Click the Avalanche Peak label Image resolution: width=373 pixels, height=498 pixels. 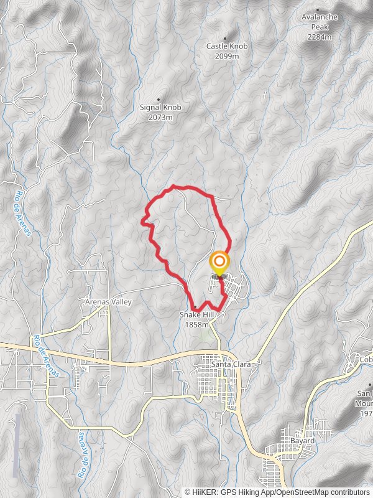320,17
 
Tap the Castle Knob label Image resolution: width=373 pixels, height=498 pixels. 223,46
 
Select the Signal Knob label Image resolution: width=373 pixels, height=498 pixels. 160,108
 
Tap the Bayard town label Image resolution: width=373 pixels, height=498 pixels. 302,441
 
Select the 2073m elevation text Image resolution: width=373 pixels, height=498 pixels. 160,117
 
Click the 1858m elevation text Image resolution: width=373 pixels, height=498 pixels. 196,325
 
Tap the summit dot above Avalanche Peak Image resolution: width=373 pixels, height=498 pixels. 318,10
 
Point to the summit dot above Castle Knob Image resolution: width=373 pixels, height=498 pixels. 225,38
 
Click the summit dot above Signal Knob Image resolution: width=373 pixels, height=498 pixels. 159,100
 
